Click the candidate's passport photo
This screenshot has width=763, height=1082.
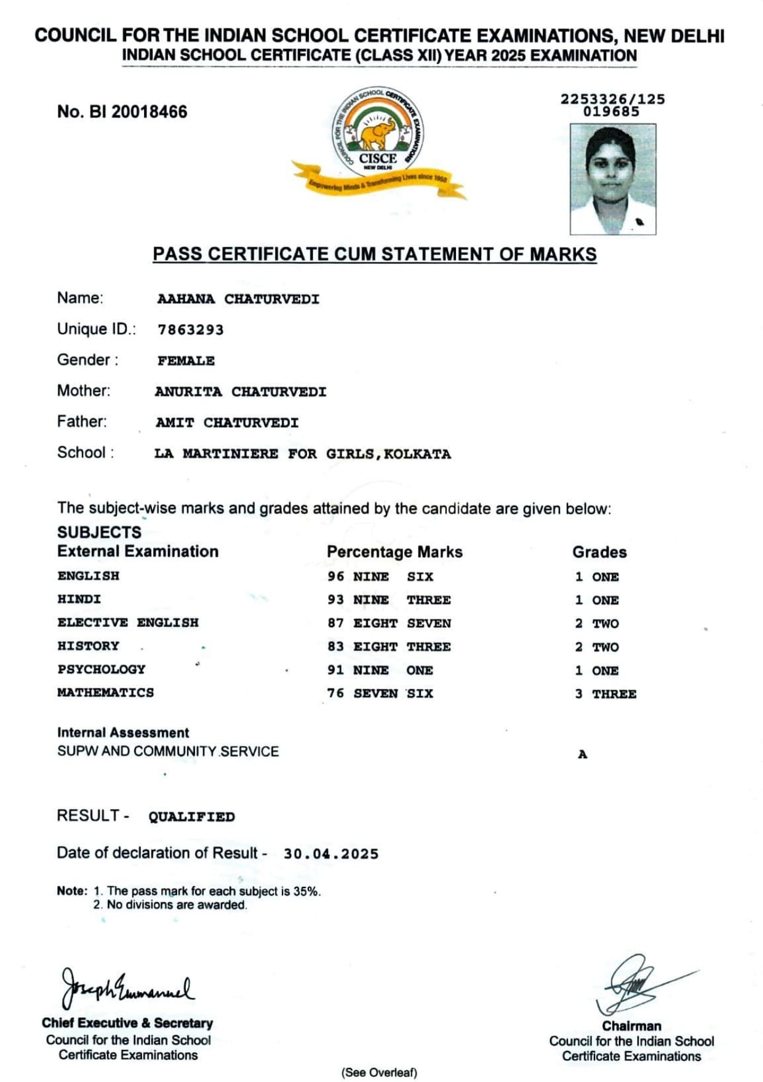(x=612, y=179)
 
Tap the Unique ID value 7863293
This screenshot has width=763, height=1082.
(x=190, y=329)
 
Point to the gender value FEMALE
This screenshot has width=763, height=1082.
(x=186, y=361)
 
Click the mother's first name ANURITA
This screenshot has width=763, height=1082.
(x=188, y=392)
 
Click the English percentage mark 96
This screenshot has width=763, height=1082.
(x=335, y=576)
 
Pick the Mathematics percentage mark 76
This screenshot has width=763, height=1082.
(x=335, y=693)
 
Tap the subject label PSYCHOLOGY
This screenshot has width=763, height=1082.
(x=102, y=669)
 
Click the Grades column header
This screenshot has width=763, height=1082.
(x=599, y=552)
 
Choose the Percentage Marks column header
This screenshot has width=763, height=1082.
(x=394, y=552)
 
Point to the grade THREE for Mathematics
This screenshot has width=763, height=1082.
(x=614, y=694)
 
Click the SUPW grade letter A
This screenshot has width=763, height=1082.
(x=582, y=754)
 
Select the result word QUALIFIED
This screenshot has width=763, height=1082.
(x=191, y=817)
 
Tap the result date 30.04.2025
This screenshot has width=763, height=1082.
(x=330, y=854)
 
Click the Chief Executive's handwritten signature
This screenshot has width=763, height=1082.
(x=126, y=987)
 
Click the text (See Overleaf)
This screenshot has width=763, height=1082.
(x=379, y=1072)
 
